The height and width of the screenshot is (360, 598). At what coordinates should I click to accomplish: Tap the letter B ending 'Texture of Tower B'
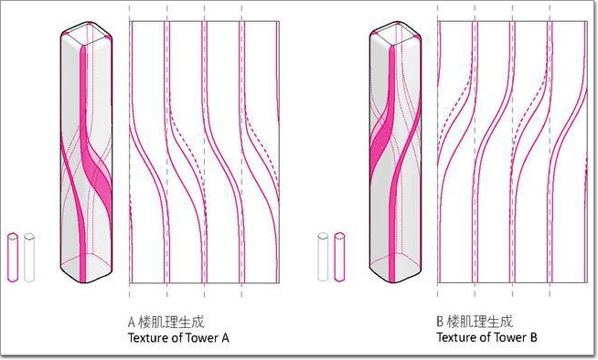(x=533, y=337)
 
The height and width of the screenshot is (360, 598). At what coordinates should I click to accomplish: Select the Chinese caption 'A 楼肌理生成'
(x=166, y=322)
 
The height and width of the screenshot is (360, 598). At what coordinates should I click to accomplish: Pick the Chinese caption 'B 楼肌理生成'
(x=475, y=322)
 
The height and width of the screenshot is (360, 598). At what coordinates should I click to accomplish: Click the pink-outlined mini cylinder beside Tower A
(x=13, y=257)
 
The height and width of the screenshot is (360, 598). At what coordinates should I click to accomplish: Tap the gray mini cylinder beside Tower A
(x=29, y=257)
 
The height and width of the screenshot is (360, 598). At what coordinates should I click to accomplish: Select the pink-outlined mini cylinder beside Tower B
(x=339, y=257)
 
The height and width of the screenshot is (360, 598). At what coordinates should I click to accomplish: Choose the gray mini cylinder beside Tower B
(x=323, y=257)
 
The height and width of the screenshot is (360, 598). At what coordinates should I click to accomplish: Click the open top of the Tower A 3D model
(x=87, y=34)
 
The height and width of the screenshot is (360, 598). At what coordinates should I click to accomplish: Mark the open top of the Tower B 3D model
(x=396, y=34)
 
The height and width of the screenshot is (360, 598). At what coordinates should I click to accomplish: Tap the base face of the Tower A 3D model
(x=87, y=267)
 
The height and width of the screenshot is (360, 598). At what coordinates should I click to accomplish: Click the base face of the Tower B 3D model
(x=396, y=267)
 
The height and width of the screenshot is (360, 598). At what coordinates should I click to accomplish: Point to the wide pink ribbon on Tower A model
(x=95, y=167)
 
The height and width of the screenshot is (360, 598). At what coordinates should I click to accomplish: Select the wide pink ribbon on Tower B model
(x=381, y=144)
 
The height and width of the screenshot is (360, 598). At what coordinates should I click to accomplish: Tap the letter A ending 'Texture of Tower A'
(x=225, y=337)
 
